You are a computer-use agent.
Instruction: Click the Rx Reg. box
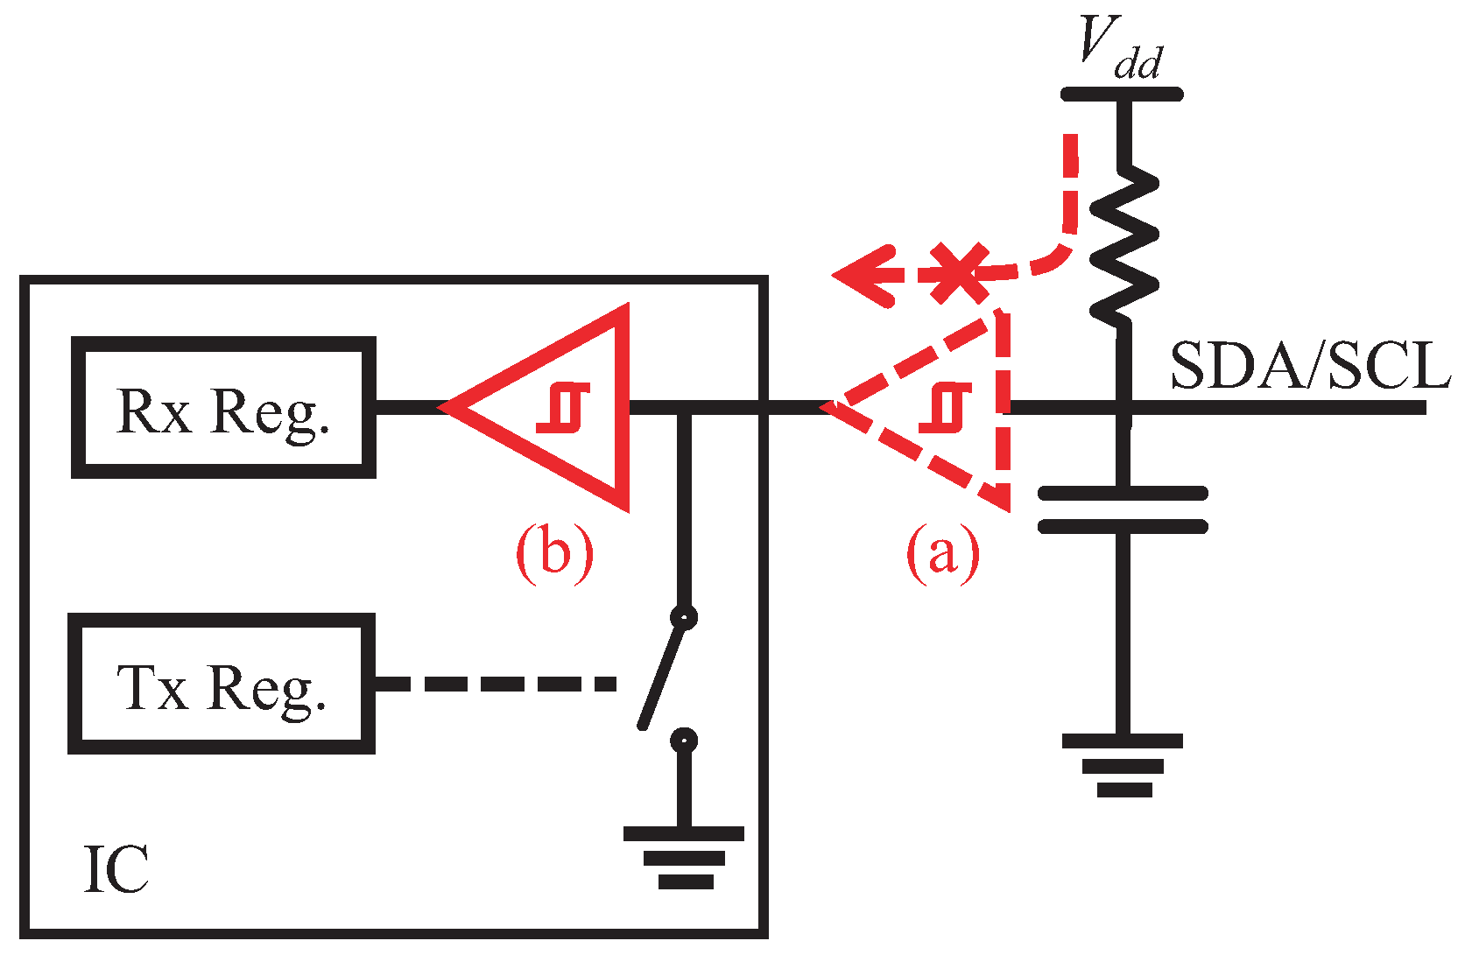click(x=223, y=408)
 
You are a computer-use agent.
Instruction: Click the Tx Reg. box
click(x=222, y=685)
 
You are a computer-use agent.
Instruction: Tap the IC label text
click(x=116, y=870)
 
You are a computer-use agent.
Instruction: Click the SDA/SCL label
click(x=1309, y=366)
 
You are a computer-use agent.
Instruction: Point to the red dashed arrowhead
click(x=863, y=276)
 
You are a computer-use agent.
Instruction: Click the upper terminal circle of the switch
click(x=684, y=617)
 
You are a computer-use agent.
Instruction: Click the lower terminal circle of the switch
click(x=684, y=741)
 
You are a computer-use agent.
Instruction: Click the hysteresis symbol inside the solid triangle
click(x=563, y=408)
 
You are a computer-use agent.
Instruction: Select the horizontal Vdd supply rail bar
click(x=1122, y=94)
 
